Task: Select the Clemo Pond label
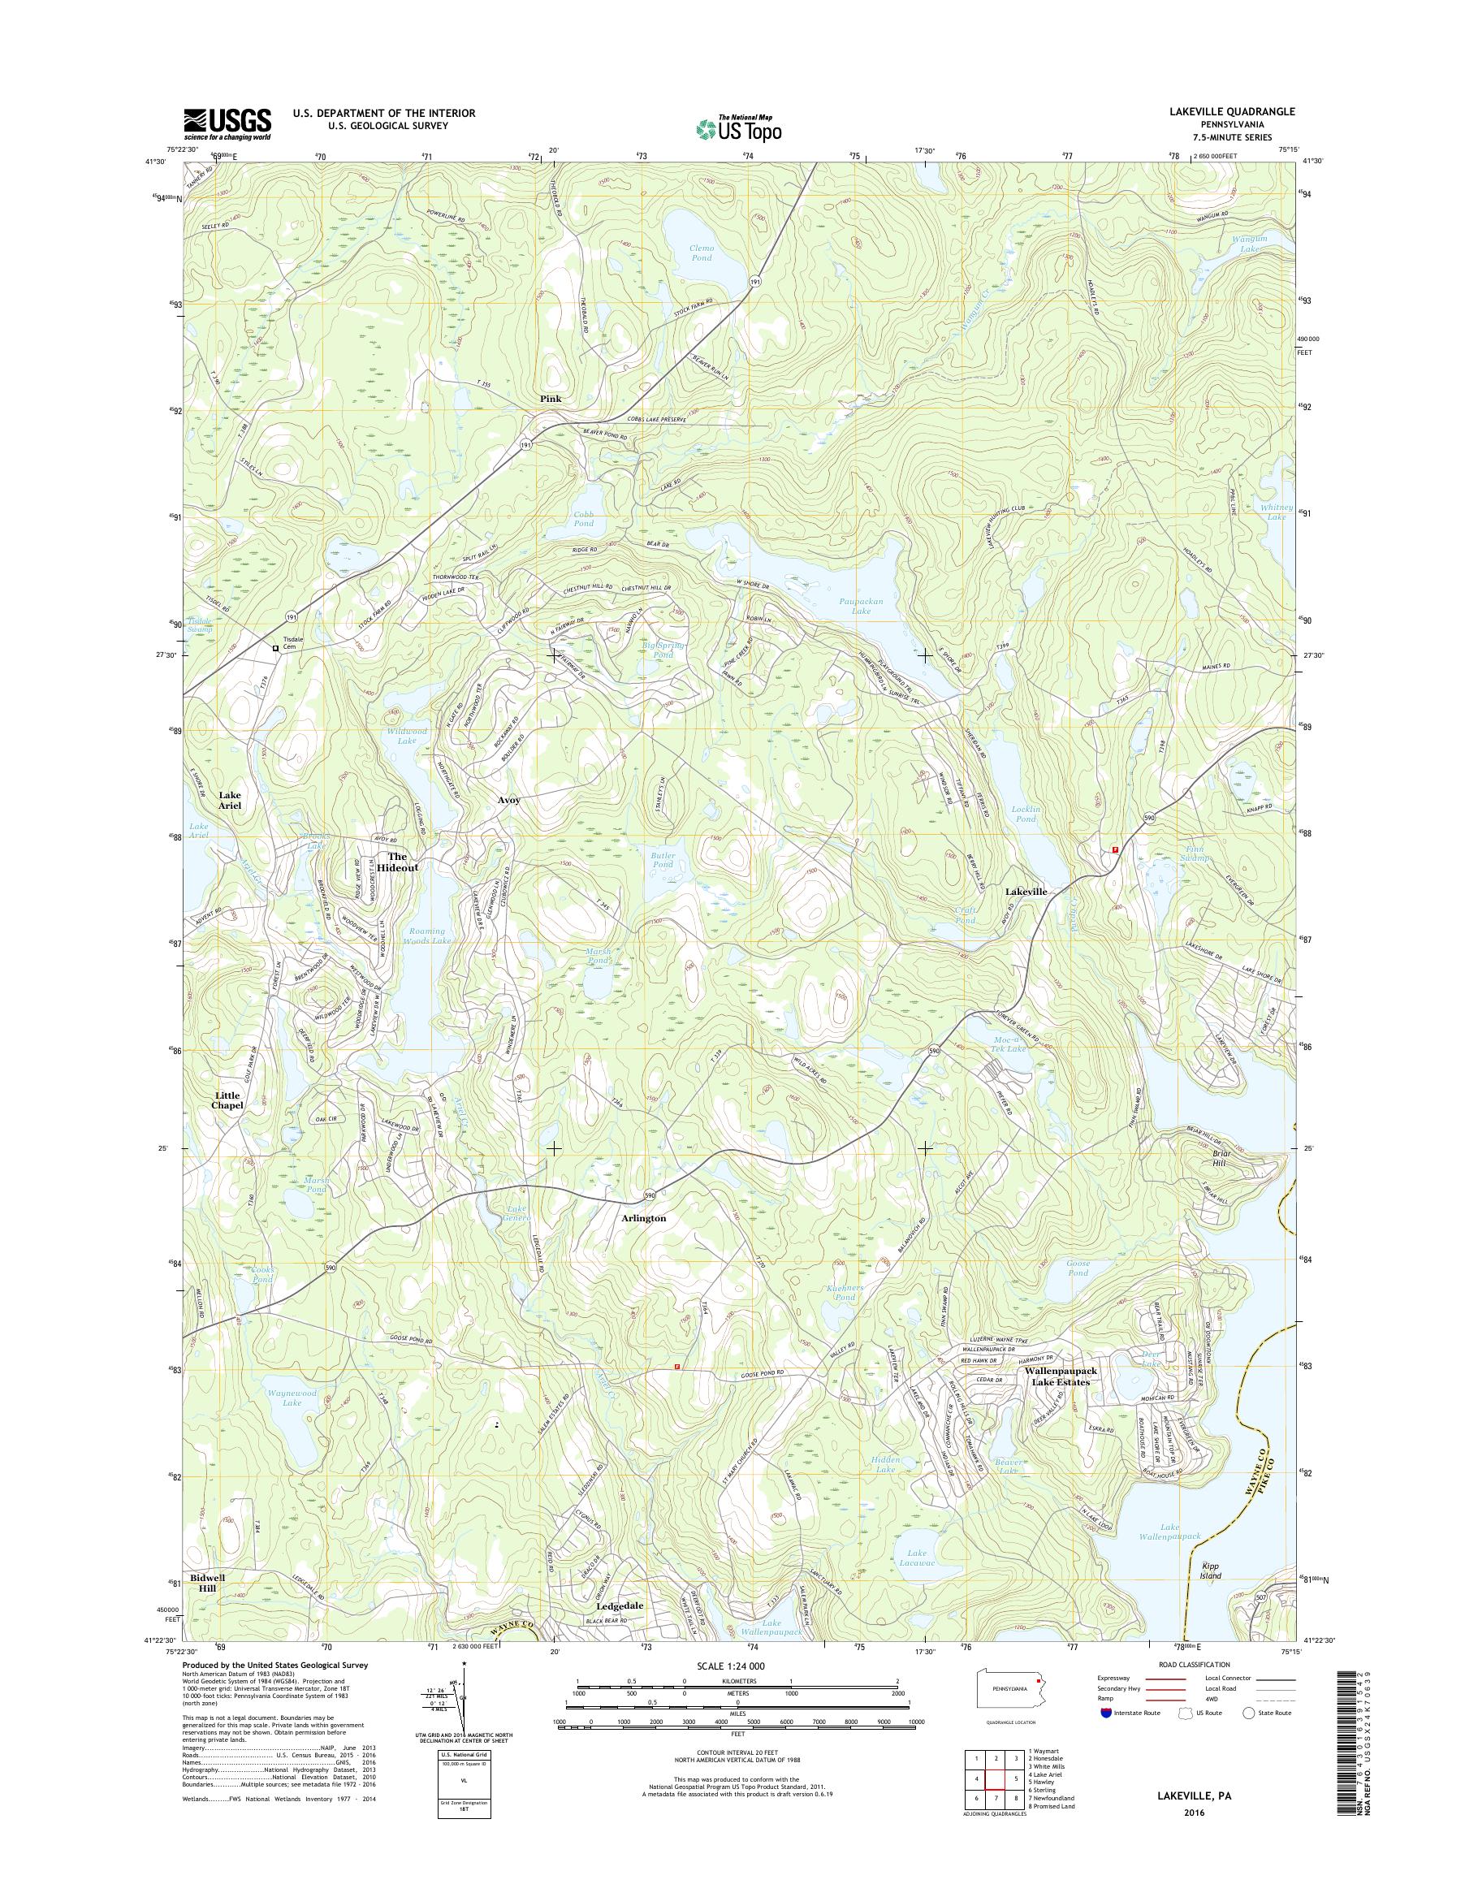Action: click(701, 253)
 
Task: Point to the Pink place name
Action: click(551, 399)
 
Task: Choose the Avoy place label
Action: click(509, 801)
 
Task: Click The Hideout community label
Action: click(397, 862)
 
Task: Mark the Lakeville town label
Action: click(1026, 892)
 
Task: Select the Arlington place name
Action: click(644, 1217)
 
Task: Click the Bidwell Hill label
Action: click(208, 1583)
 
